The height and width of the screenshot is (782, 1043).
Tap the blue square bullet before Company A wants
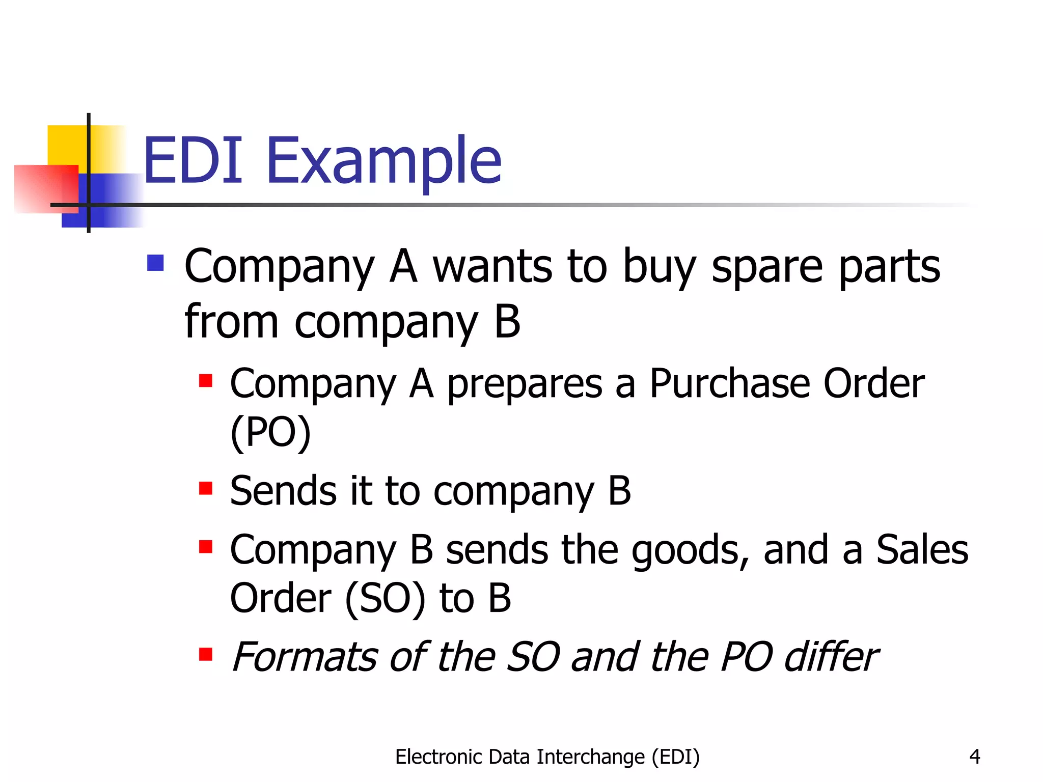tap(155, 263)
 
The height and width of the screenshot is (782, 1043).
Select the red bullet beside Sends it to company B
tap(206, 488)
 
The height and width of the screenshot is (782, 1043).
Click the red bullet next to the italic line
tap(206, 654)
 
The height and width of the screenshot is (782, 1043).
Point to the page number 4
tap(975, 757)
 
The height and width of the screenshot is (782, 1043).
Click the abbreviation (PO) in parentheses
tap(270, 433)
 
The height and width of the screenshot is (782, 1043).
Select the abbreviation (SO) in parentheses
tap(385, 598)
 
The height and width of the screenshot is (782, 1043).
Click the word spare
tap(767, 267)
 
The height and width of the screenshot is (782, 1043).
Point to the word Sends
tap(283, 491)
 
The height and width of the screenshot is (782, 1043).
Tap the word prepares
tap(525, 385)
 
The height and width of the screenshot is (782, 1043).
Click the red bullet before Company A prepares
tap(206, 381)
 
